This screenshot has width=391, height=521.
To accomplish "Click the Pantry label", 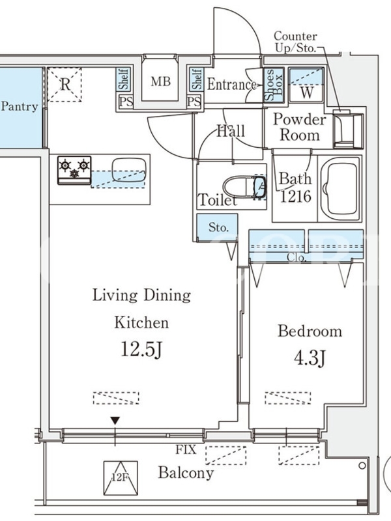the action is pyautogui.click(x=20, y=107).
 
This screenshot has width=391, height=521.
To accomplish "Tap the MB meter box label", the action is pyautogui.click(x=160, y=81).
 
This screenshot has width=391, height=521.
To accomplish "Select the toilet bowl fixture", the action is pyautogui.click(x=244, y=188).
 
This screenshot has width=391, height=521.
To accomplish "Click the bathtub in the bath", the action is pyautogui.click(x=339, y=188).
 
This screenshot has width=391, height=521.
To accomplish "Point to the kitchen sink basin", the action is pyautogui.click(x=128, y=170).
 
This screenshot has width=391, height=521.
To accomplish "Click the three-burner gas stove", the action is pyautogui.click(x=74, y=170).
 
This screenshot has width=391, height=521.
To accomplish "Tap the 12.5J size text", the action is pyautogui.click(x=141, y=350).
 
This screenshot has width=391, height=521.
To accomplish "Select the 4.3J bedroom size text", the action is pyautogui.click(x=309, y=358).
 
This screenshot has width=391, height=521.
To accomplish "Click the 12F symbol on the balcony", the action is pyautogui.click(x=121, y=478).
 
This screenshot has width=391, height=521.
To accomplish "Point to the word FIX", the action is pyautogui.click(x=186, y=449).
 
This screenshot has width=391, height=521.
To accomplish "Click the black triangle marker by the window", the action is pyautogui.click(x=115, y=421).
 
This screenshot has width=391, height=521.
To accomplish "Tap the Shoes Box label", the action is pyautogui.click(x=274, y=85).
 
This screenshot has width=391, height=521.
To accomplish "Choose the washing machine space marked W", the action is pyautogui.click(x=306, y=85).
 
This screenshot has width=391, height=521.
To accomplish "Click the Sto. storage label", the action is pyautogui.click(x=218, y=227).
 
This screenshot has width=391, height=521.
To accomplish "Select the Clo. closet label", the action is pyautogui.click(x=297, y=257).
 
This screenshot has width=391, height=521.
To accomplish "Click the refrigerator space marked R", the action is pyautogui.click(x=65, y=85).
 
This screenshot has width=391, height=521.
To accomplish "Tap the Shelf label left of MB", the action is pyautogui.click(x=124, y=79).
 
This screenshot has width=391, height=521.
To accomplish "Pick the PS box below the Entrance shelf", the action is pyautogui.click(x=194, y=102).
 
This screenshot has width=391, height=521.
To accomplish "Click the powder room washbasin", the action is pyautogui.click(x=347, y=129).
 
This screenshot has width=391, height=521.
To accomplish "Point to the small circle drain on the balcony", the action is pyautogui.click(x=362, y=466).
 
